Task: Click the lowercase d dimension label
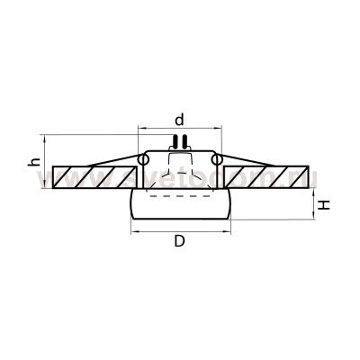pyautogui.click(x=179, y=119)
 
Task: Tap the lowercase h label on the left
pyautogui.click(x=33, y=161)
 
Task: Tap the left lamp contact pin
pyautogui.click(x=176, y=141)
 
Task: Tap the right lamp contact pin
pyautogui.click(x=184, y=141)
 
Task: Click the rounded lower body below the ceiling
pyautogui.click(x=180, y=211)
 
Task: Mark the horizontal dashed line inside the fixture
pyautogui.click(x=180, y=195)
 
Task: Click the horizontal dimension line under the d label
pyautogui.click(x=180, y=129)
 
